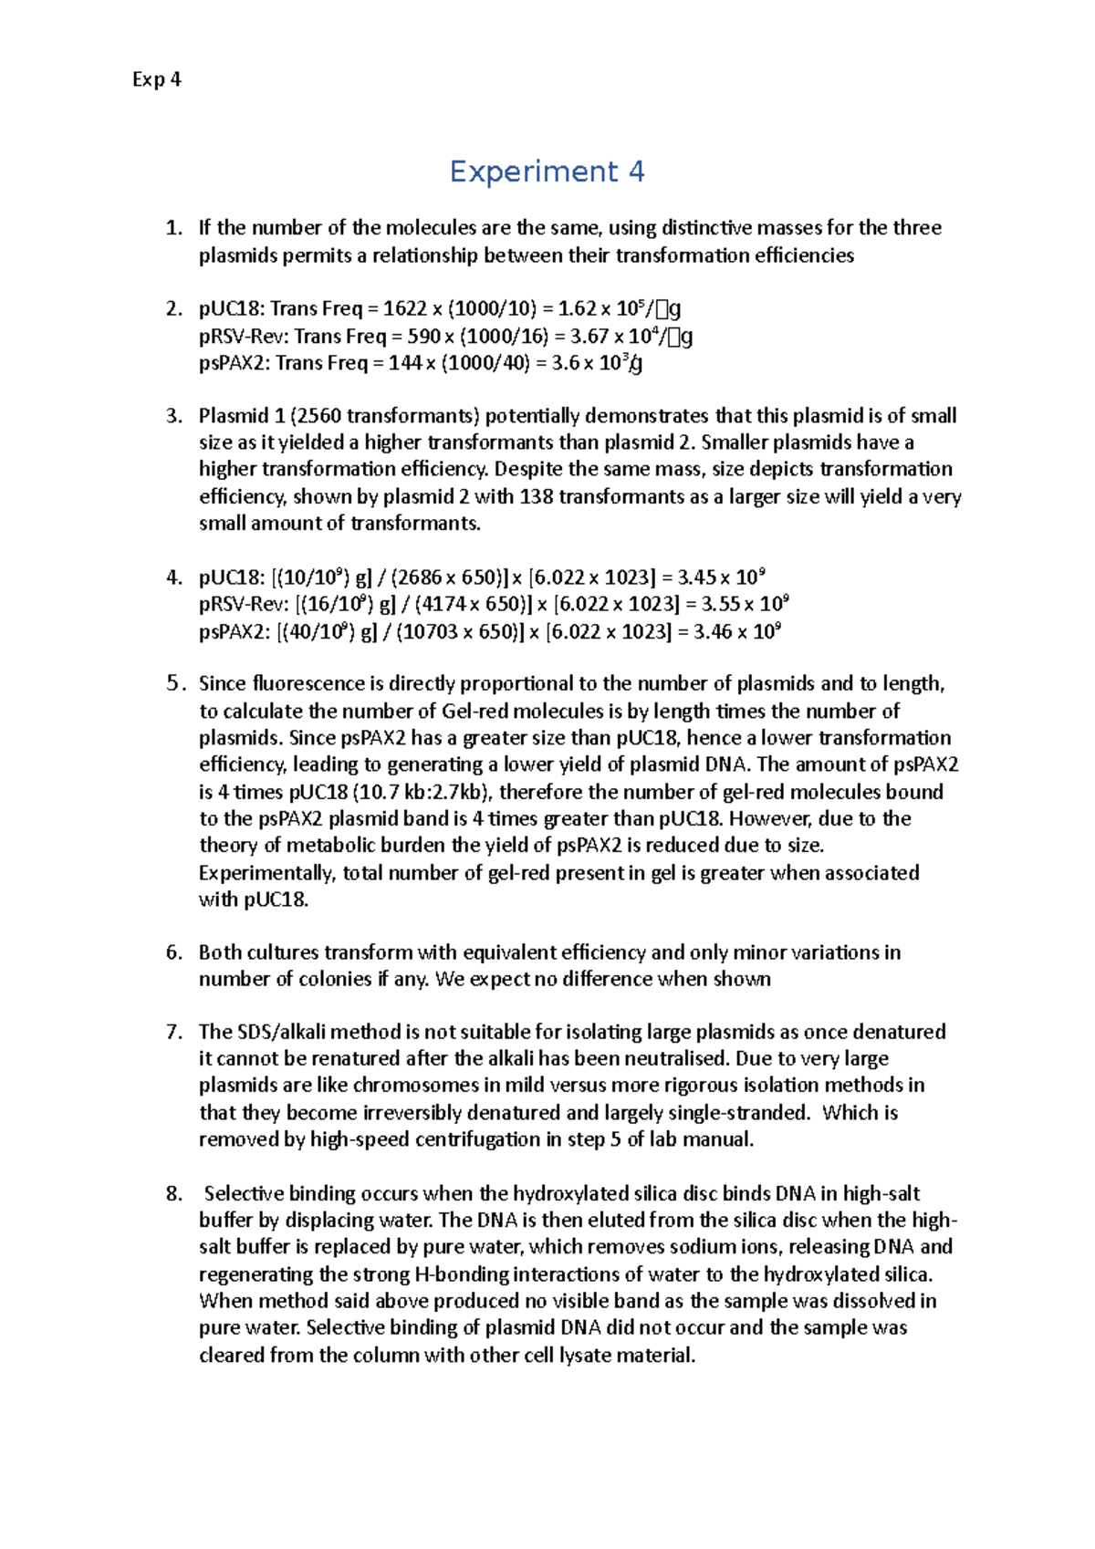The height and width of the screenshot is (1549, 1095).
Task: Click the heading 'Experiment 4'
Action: (x=547, y=172)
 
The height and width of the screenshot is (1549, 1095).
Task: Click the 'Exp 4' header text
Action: (x=156, y=79)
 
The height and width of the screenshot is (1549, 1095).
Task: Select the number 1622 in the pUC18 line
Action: (x=404, y=309)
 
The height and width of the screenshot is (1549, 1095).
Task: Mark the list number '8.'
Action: (x=174, y=1194)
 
